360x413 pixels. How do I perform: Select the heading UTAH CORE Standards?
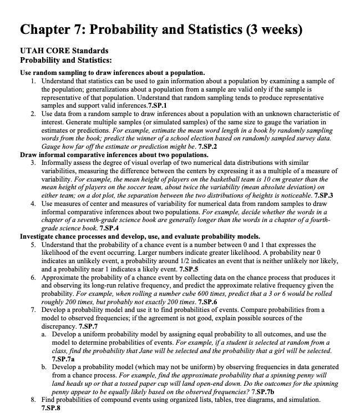[61, 51]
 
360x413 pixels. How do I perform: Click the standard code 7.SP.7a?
[63, 359]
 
